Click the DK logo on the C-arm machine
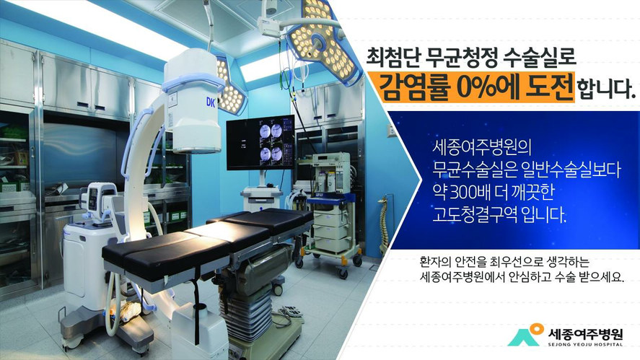(211, 102)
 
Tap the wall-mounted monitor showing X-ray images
(260, 142)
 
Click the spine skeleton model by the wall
(383, 224)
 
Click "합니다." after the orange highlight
(605, 88)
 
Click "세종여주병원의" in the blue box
(482, 147)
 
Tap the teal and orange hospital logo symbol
(525, 335)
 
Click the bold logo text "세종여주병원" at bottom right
(585, 333)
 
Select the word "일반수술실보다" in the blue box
(571, 170)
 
